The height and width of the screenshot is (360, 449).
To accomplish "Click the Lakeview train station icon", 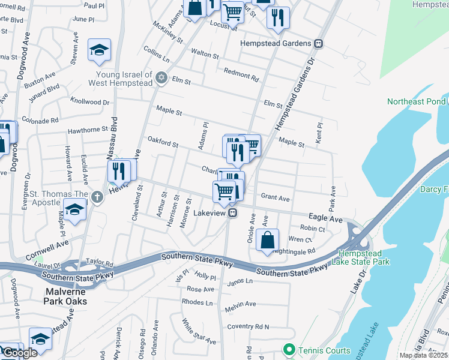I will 231,213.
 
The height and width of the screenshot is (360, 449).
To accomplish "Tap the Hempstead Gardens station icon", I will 319,43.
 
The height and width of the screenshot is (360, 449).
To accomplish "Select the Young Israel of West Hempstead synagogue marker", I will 161,79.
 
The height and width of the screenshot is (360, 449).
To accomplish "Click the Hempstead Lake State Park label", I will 364,257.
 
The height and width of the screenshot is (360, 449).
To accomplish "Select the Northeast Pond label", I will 417,101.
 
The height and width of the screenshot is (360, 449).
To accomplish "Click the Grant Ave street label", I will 276,197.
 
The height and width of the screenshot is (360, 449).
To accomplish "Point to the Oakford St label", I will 163,143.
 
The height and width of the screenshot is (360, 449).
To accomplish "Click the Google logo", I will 20,353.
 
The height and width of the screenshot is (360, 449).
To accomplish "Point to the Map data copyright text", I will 423,355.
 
